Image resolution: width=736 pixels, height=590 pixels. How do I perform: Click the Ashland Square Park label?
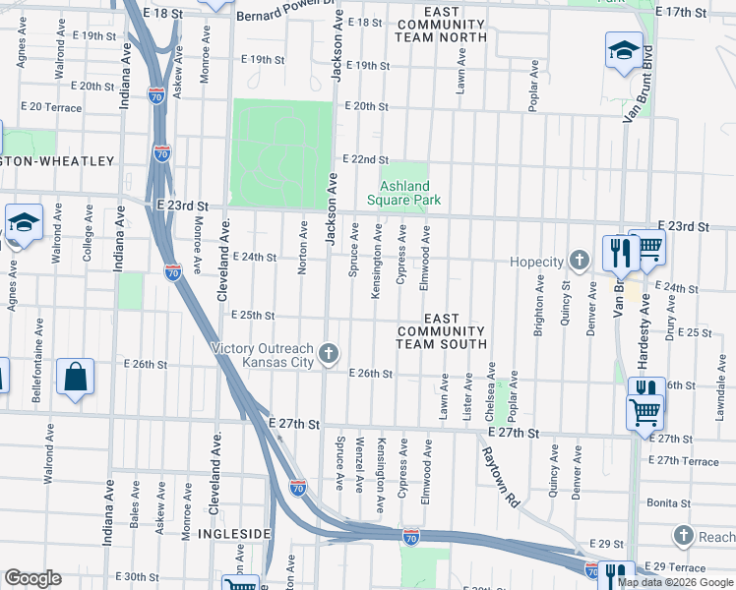tap(404, 193)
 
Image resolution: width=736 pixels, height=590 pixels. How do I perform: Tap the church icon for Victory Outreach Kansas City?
tap(332, 352)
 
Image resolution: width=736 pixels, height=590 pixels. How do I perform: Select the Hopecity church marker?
tap(581, 261)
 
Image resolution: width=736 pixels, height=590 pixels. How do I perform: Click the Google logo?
tap(32, 578)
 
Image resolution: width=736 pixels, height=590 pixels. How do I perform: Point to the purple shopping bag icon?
tap(76, 377)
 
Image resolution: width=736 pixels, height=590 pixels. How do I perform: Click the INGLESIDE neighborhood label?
tap(233, 534)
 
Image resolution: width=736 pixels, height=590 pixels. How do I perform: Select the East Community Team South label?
tap(441, 331)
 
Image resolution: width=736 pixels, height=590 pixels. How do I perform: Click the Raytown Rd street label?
tap(499, 477)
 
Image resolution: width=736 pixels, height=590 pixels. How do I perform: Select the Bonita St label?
tap(669, 502)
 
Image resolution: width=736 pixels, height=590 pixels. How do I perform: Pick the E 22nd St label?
tap(365, 159)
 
